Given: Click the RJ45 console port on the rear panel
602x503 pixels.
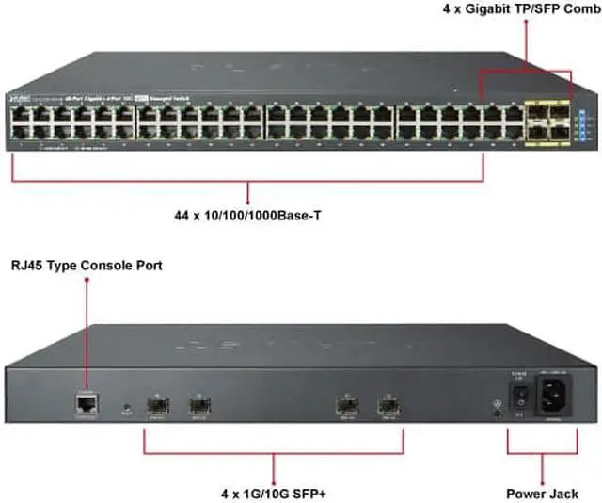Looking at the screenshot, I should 85,405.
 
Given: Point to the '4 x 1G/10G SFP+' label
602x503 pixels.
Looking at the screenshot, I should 272,493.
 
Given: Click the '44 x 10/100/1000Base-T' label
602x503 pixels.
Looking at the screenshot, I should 247,215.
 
